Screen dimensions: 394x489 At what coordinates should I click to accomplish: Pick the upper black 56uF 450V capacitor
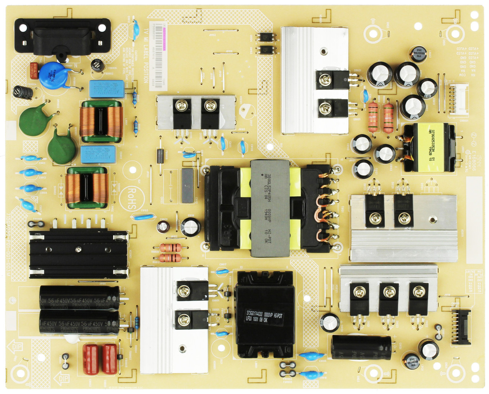point(79,297)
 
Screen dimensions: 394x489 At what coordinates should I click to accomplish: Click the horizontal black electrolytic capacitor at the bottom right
point(361,348)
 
